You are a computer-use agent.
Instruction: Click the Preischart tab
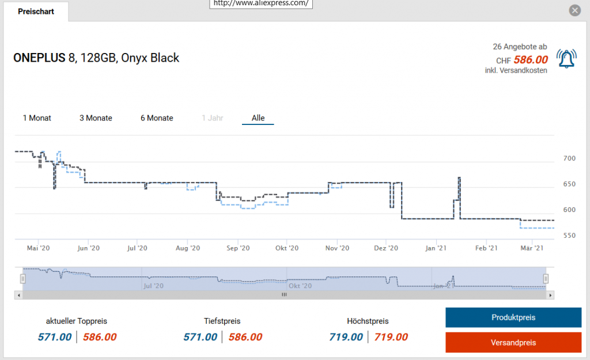tap(36, 12)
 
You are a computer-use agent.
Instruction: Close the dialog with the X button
tap(574, 10)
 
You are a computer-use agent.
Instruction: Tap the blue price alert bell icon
tap(566, 58)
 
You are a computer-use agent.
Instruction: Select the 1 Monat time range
tap(37, 118)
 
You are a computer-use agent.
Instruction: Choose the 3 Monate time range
tap(96, 118)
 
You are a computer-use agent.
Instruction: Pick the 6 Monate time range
tap(157, 118)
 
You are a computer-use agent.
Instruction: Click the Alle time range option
tap(258, 118)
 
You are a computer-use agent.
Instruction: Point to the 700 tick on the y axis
tap(568, 158)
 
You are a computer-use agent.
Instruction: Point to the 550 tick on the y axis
tap(568, 236)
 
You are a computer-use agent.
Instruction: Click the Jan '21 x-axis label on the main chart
tap(436, 248)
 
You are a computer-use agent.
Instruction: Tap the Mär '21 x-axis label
tap(532, 248)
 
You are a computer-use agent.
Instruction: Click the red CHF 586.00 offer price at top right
tap(531, 60)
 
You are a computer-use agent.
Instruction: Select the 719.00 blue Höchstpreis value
tap(346, 337)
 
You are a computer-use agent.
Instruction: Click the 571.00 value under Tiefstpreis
tap(200, 337)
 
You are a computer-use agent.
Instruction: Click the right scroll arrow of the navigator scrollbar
tap(551, 295)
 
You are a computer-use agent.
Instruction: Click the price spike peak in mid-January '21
tap(459, 178)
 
